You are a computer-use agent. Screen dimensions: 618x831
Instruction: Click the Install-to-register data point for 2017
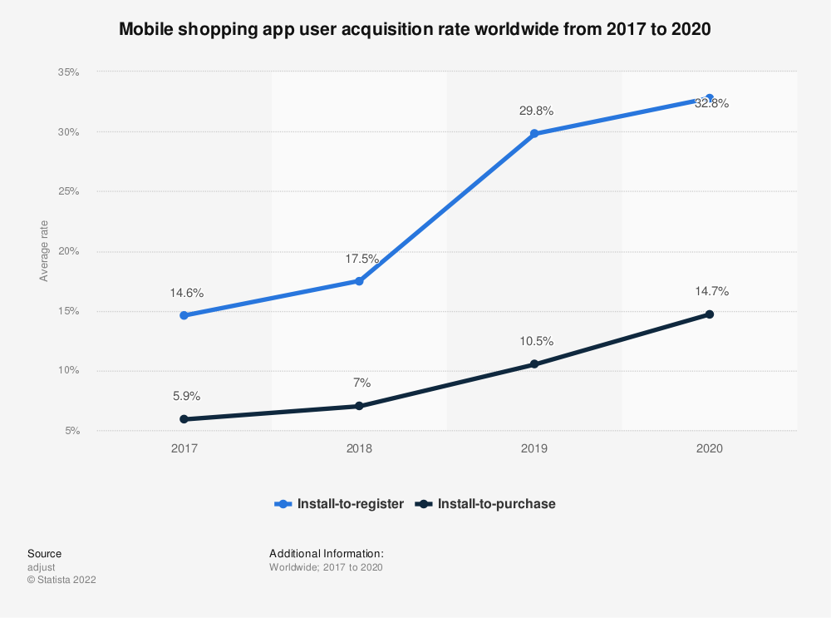click(x=184, y=315)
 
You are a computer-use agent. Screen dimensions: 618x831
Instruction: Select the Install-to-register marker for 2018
click(x=359, y=281)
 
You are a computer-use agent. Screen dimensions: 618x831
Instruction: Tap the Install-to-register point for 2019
click(x=534, y=133)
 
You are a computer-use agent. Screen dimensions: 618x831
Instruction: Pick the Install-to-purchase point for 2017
click(x=184, y=419)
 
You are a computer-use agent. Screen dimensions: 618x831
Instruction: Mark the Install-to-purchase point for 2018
click(x=359, y=406)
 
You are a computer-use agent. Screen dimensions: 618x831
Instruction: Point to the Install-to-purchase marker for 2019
click(x=534, y=364)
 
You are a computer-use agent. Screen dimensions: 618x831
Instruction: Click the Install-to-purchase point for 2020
click(x=710, y=314)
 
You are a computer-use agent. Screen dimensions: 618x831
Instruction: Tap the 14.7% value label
click(x=711, y=291)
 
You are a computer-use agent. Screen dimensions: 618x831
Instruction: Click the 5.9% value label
click(x=185, y=396)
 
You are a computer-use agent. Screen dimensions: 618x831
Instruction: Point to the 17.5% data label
click(x=361, y=259)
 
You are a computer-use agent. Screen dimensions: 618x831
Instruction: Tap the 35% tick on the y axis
click(x=68, y=72)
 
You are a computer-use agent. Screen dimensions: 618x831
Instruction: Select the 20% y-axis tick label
click(x=68, y=251)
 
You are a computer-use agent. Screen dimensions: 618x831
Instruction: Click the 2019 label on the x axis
click(x=534, y=448)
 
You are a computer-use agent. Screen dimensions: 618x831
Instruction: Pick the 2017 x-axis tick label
click(x=184, y=448)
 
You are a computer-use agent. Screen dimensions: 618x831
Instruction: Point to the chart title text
click(x=415, y=29)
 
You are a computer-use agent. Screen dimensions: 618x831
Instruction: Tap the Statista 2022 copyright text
click(x=61, y=580)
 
